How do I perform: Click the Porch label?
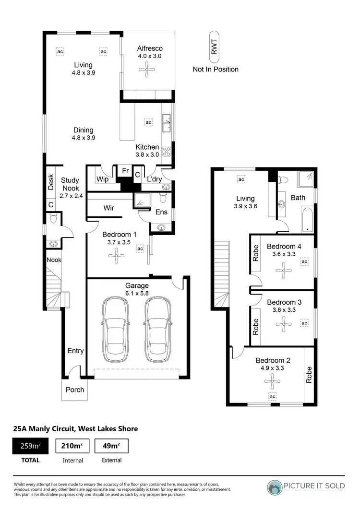click(75, 390)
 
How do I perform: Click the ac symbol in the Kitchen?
click(148, 122)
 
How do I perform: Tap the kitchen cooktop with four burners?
click(167, 152)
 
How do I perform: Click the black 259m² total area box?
click(31, 446)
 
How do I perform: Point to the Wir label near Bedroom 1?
click(109, 208)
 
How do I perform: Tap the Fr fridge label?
click(125, 171)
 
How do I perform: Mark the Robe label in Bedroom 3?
click(256, 327)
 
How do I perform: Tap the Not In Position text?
click(216, 69)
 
